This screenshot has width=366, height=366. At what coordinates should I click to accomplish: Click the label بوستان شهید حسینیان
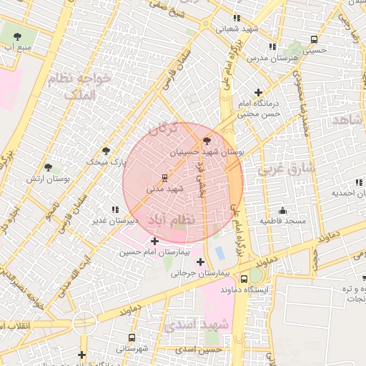(x=207, y=153)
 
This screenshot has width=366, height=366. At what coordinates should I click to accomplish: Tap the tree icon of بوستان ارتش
(x=49, y=167)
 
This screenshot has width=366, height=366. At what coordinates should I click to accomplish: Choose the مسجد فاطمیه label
(x=282, y=221)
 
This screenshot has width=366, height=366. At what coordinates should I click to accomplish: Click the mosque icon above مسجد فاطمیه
(x=283, y=210)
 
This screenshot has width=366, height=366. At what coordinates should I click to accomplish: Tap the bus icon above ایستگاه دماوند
(x=255, y=278)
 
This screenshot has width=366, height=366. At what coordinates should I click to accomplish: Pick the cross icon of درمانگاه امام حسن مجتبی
(x=258, y=93)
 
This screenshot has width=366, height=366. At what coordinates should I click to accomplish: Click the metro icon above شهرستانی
(x=132, y=337)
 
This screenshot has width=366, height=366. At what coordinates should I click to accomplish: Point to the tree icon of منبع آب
(x=18, y=36)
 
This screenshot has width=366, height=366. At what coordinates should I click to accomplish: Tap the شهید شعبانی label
(x=236, y=29)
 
